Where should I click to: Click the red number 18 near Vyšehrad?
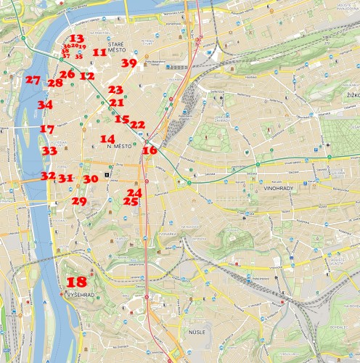76,282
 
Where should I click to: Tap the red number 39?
128,63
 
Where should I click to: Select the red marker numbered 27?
32,80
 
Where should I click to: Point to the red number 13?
76,38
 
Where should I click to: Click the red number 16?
150,150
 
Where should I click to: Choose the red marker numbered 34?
45,105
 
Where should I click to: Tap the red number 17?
47,129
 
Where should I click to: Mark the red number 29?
79,201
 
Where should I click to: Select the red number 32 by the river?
48,176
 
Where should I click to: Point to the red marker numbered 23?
115,89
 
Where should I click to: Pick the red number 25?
131,201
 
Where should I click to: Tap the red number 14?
107,139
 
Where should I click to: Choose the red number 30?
90,179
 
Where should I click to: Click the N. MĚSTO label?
118,147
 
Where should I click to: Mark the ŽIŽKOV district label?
353,94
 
